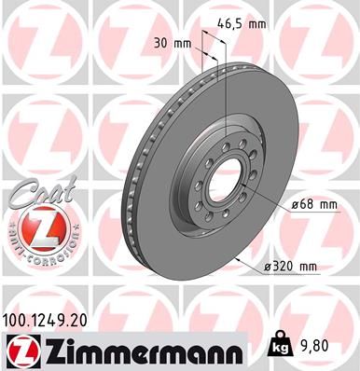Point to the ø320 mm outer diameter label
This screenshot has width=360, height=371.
coord(289,268)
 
